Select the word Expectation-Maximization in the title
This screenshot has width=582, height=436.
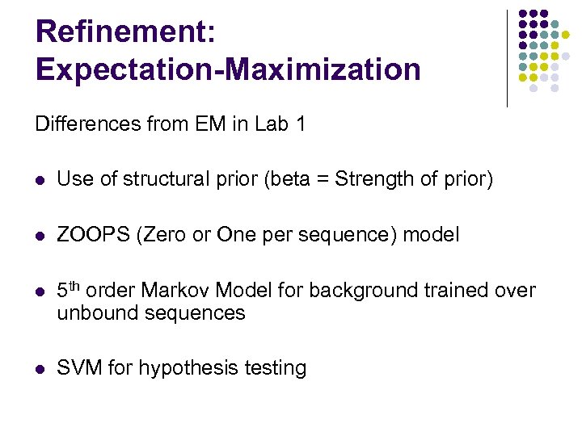point(228,70)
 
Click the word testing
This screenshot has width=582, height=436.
point(272,369)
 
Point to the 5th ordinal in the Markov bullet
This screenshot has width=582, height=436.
point(69,289)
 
